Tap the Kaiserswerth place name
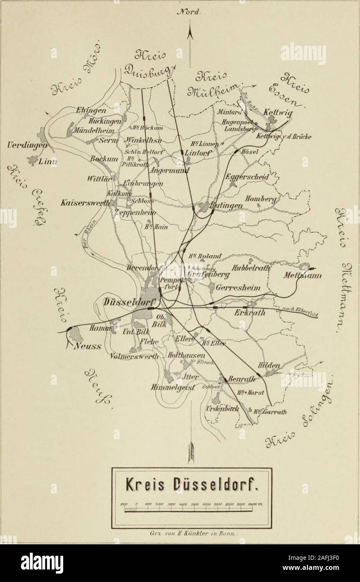click(x=86, y=202)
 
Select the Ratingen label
click(x=227, y=206)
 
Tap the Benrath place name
click(x=242, y=379)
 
